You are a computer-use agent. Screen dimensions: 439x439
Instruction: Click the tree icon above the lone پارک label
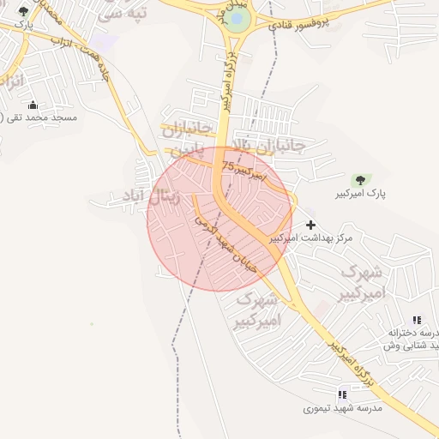tap(23, 11)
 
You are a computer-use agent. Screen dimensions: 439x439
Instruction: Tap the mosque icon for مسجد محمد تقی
tap(33, 105)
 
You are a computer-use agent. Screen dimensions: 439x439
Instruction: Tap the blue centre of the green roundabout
tap(239, 18)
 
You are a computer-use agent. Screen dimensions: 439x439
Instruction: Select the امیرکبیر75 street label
tap(244, 170)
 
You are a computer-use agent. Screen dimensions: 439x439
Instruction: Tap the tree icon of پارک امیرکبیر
tap(360, 180)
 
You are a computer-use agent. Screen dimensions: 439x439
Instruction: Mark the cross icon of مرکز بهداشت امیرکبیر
tap(310, 225)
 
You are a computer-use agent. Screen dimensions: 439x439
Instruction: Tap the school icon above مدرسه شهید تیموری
tap(342, 394)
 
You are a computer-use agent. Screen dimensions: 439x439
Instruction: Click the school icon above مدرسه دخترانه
tap(417, 320)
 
